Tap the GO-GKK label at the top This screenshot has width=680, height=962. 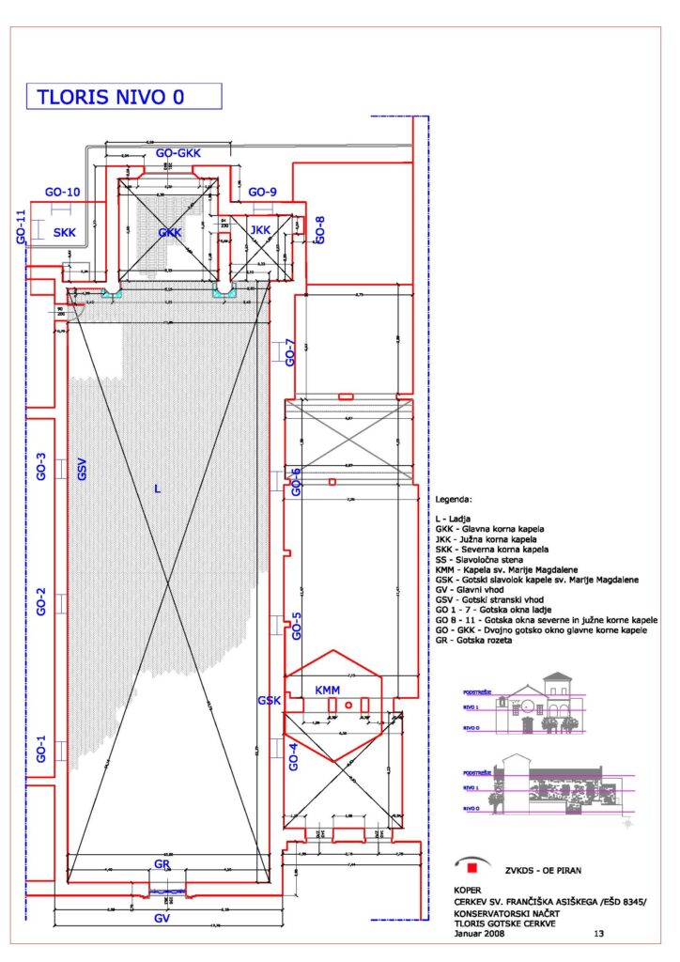coord(178,152)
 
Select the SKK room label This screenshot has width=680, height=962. coord(64,232)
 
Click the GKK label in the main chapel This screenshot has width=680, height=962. coord(170,232)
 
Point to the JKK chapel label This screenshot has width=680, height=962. coord(259,228)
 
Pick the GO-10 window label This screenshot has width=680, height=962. coord(62,192)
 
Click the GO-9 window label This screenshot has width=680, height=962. coord(262,192)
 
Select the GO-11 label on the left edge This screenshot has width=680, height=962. coord(19,226)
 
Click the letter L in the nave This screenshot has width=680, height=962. coord(157,489)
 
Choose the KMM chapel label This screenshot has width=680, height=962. coord(327,691)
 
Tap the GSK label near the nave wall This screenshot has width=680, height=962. coord(269,701)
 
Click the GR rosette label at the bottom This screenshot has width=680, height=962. coord(162,862)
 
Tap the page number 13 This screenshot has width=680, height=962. coord(599,934)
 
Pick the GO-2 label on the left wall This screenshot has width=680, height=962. coord(41,601)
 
